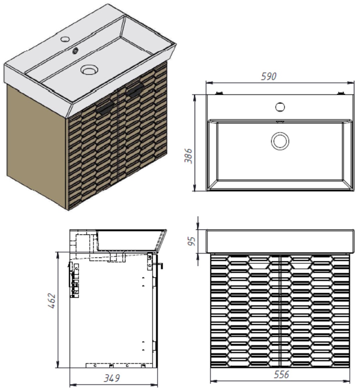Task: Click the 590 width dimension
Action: pyautogui.click(x=269, y=76)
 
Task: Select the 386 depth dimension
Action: pyautogui.click(x=188, y=156)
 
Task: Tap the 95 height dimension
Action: pyautogui.click(x=192, y=241)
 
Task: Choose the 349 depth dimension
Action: pyautogui.click(x=112, y=378)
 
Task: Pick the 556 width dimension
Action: pyautogui.click(x=281, y=374)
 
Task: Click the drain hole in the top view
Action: pyautogui.click(x=280, y=141)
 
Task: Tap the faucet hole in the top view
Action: pyautogui.click(x=280, y=107)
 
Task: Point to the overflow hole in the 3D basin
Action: pyautogui.click(x=75, y=51)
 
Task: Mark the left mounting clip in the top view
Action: pyautogui.click(x=219, y=93)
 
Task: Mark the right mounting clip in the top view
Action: pyautogui.click(x=341, y=93)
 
